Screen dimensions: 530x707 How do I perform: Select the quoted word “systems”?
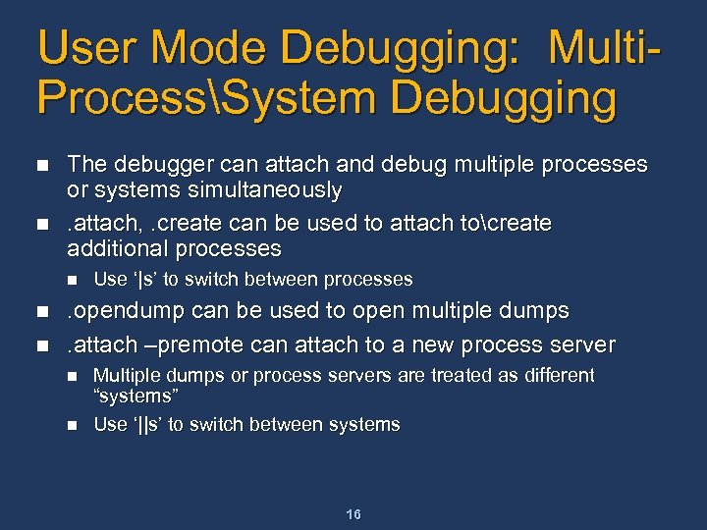click(134, 397)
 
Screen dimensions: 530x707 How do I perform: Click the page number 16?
click(353, 515)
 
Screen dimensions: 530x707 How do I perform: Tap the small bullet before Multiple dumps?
click(71, 376)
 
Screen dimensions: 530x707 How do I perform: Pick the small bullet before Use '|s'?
click(71, 280)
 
